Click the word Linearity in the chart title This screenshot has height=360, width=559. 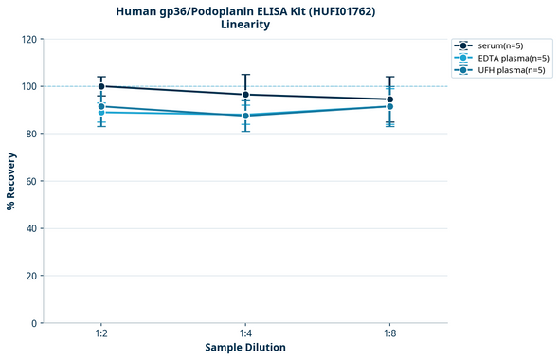pyautogui.click(x=245, y=25)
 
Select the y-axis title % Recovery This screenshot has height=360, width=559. pyautogui.click(x=11, y=181)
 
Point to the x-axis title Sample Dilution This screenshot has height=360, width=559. pyautogui.click(x=245, y=348)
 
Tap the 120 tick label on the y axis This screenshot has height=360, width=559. pyautogui.click(x=27, y=39)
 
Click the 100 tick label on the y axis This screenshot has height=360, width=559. pyautogui.click(x=27, y=86)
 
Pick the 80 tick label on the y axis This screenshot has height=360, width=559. pyautogui.click(x=30, y=134)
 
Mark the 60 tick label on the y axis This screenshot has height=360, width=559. pyautogui.click(x=30, y=181)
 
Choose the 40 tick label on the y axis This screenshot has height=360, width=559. pyautogui.click(x=30, y=228)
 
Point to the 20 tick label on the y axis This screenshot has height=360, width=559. pyautogui.click(x=30, y=276)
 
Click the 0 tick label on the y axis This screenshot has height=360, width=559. pyautogui.click(x=33, y=323)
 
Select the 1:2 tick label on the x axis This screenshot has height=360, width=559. pyautogui.click(x=101, y=333)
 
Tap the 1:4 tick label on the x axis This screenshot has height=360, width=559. pyautogui.click(x=245, y=333)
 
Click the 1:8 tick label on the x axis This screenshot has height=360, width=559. pyautogui.click(x=390, y=333)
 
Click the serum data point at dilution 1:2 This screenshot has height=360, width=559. pyautogui.click(x=101, y=86)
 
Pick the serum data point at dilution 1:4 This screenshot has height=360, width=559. pyautogui.click(x=245, y=95)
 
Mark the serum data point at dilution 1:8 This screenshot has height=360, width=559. pyautogui.click(x=390, y=99)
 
